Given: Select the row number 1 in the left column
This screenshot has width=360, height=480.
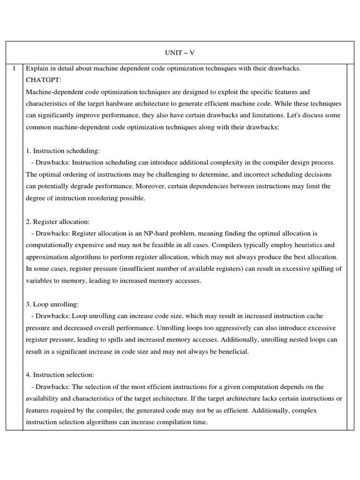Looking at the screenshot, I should (14, 69).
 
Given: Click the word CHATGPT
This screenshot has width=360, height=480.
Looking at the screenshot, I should (42, 80).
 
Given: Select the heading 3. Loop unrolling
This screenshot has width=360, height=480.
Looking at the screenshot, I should (53, 304).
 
